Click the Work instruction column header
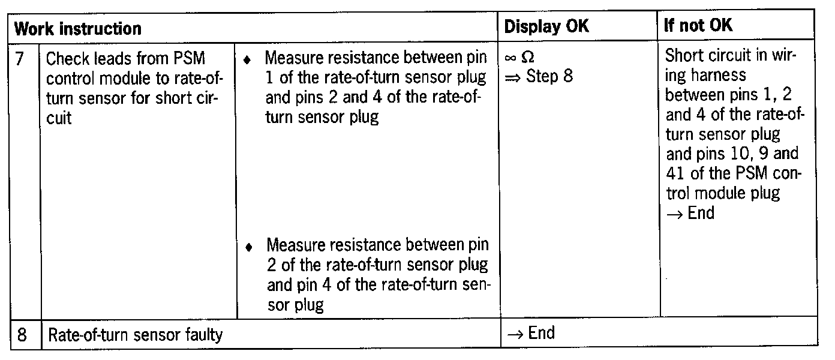click(77, 28)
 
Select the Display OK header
click(546, 27)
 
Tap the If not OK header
click(698, 27)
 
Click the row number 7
click(19, 59)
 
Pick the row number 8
click(20, 334)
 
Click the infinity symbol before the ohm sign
click(512, 59)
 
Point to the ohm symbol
click(528, 58)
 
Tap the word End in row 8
click(541, 332)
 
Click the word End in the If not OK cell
click(701, 213)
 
